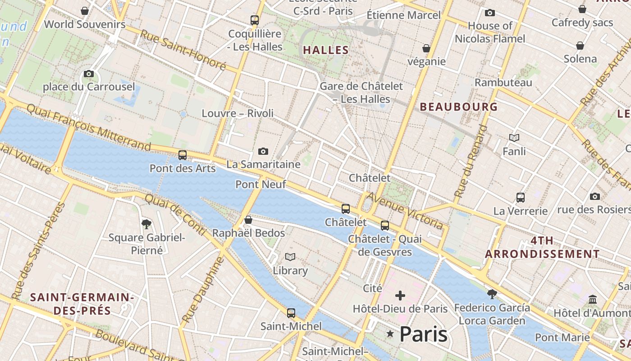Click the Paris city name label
pyautogui.click(x=423, y=334)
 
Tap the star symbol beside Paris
pyautogui.click(x=390, y=334)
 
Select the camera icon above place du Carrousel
pyautogui.click(x=89, y=74)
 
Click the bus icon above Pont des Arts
pyautogui.click(x=183, y=155)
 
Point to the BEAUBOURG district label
pyautogui.click(x=459, y=107)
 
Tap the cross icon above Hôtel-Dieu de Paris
pyautogui.click(x=400, y=296)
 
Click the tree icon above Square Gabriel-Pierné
pyautogui.click(x=146, y=224)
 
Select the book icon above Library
pyautogui.click(x=290, y=257)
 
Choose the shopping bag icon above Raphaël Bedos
pyautogui.click(x=248, y=220)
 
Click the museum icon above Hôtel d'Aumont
pyautogui.click(x=593, y=299)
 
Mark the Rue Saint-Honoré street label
pyautogui.click(x=183, y=50)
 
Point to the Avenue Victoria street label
pyautogui.click(x=405, y=210)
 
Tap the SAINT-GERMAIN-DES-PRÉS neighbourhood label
pyautogui.click(x=82, y=304)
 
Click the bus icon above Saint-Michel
pyautogui.click(x=291, y=313)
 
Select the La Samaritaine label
pyautogui.click(x=263, y=164)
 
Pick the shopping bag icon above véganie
pyautogui.click(x=426, y=48)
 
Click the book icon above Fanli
pyautogui.click(x=514, y=138)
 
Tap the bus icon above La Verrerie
pyautogui.click(x=521, y=197)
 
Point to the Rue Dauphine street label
pyautogui.click(x=203, y=290)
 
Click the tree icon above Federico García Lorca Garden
pyautogui.click(x=492, y=294)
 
